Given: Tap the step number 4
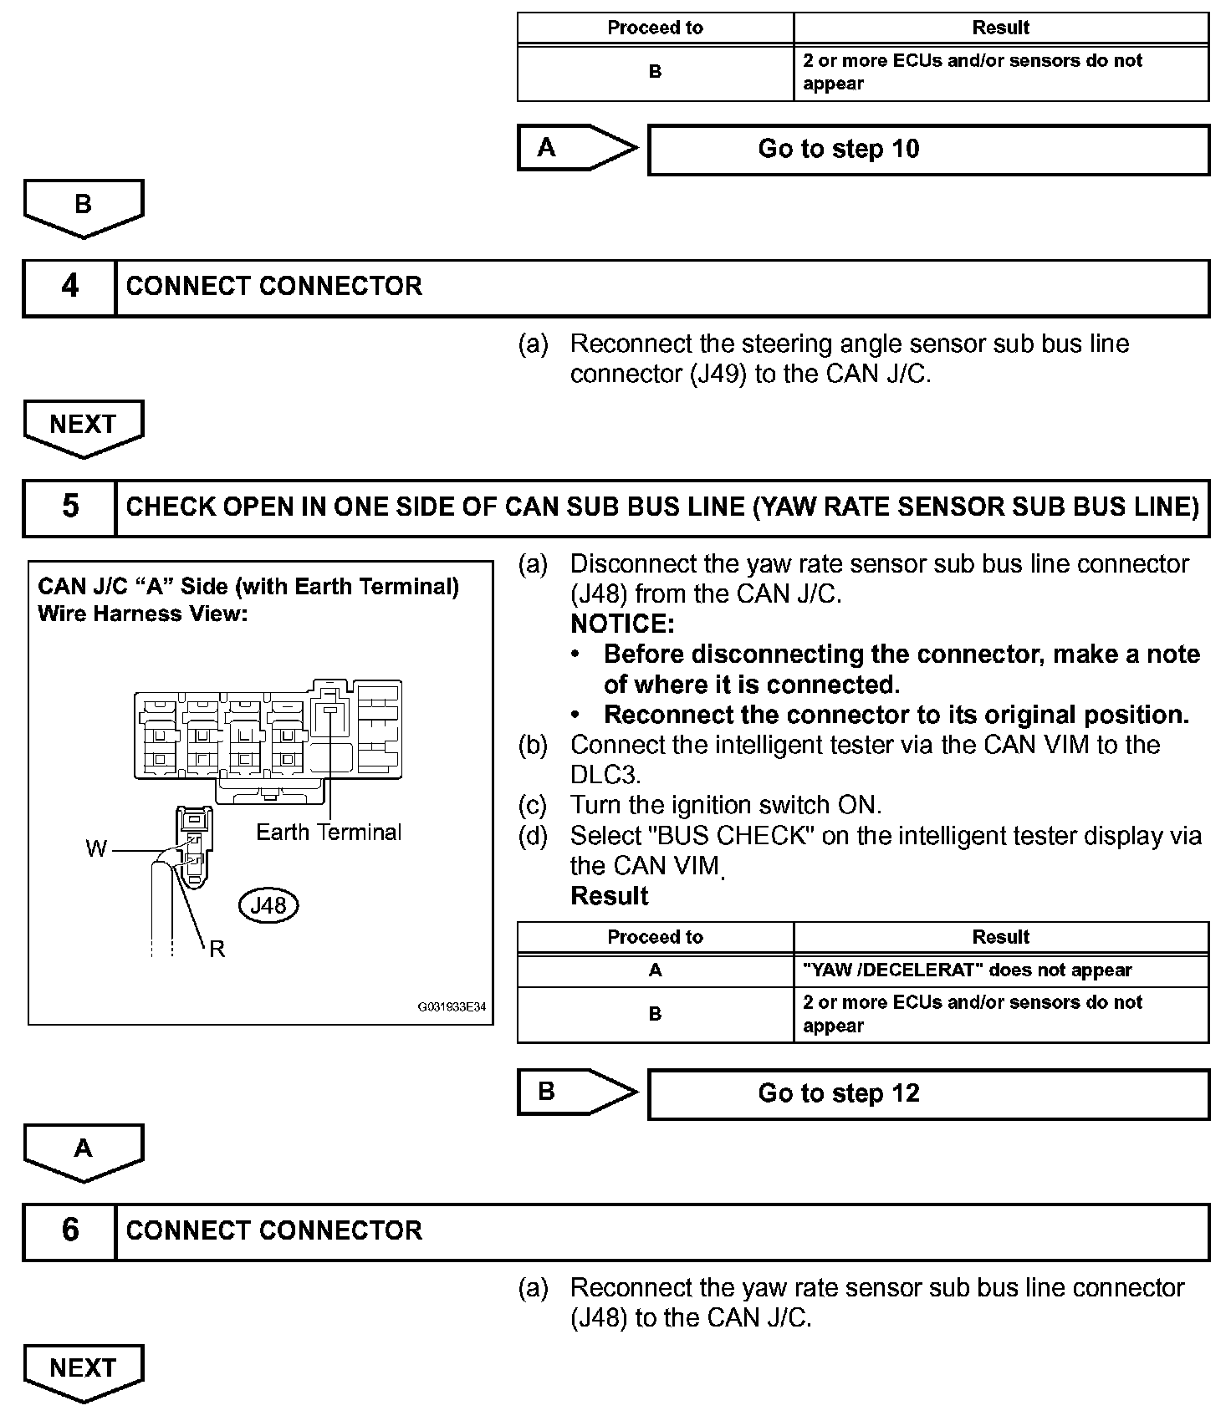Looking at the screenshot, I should coord(70,288).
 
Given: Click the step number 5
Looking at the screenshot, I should coord(70,507).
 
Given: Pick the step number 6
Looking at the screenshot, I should coord(70,1231).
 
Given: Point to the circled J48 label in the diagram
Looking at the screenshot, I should coord(268,905).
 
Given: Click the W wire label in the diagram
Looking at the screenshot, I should coord(96,849).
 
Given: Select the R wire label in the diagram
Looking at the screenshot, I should coord(217,949).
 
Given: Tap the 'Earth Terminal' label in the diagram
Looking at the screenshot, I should coord(329,833).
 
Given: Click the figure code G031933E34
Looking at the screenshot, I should coord(452,1007).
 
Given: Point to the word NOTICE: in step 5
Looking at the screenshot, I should coord(622,624).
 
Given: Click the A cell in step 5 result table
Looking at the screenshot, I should coord(655,970).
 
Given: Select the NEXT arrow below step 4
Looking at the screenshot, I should coord(84,426).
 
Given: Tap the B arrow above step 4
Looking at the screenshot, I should coord(84,206).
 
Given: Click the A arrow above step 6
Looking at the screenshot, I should coord(84,1151).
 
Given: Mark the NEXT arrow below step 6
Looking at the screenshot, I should coord(84,1372).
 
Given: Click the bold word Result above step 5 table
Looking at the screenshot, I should coord(609,896).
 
